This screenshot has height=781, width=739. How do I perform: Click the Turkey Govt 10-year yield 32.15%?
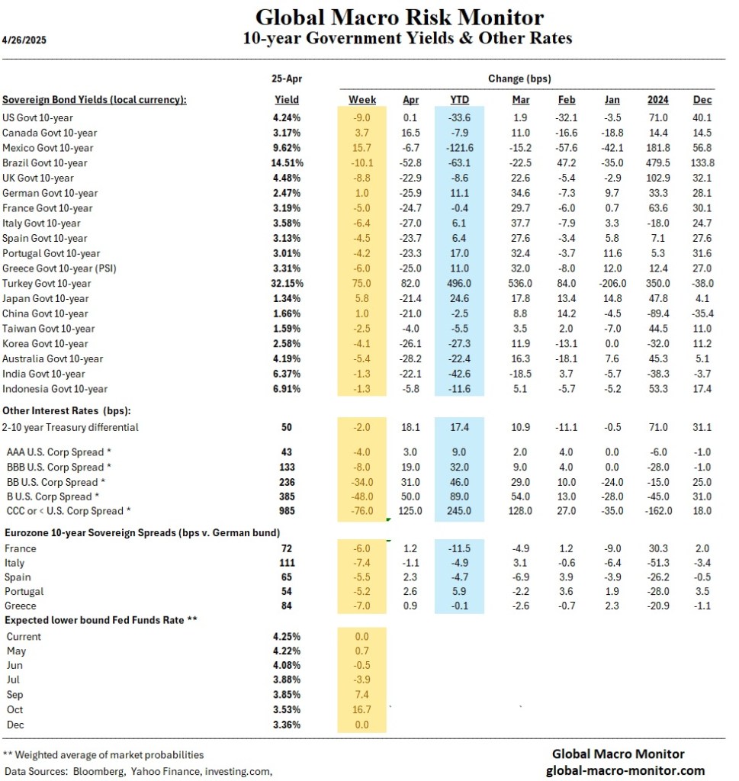click(287, 283)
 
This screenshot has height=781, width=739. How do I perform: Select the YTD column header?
click(460, 100)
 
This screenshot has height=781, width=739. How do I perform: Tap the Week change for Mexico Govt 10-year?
click(362, 147)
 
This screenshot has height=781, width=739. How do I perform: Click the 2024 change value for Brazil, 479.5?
click(657, 162)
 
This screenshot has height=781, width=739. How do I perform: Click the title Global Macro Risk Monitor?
click(400, 17)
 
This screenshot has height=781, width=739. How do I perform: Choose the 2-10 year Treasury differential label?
click(71, 427)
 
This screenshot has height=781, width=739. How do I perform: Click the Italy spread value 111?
click(287, 563)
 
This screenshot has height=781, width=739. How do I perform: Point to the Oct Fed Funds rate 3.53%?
click(287, 709)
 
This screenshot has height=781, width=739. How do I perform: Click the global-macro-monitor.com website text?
click(625, 770)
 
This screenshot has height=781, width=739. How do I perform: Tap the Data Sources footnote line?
click(138, 771)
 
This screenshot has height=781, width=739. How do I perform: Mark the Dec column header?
click(702, 100)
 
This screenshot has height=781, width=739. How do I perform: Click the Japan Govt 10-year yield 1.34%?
click(287, 298)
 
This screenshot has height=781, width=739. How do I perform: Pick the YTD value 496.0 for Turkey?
click(460, 283)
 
